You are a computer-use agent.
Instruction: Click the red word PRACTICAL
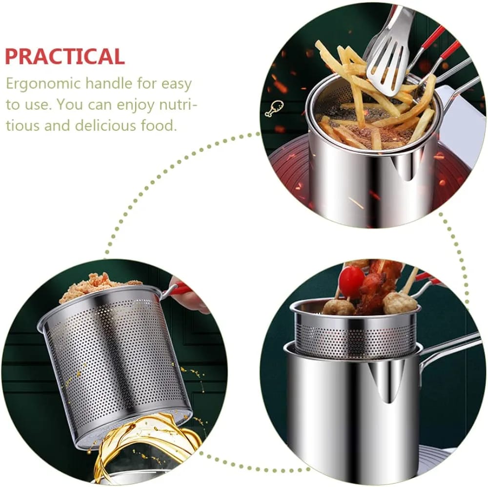[x=65, y=57]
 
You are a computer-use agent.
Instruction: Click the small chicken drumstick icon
[x=272, y=109]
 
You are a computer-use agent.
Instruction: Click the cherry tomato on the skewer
[x=351, y=282]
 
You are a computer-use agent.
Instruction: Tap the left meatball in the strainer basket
[x=338, y=307]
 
